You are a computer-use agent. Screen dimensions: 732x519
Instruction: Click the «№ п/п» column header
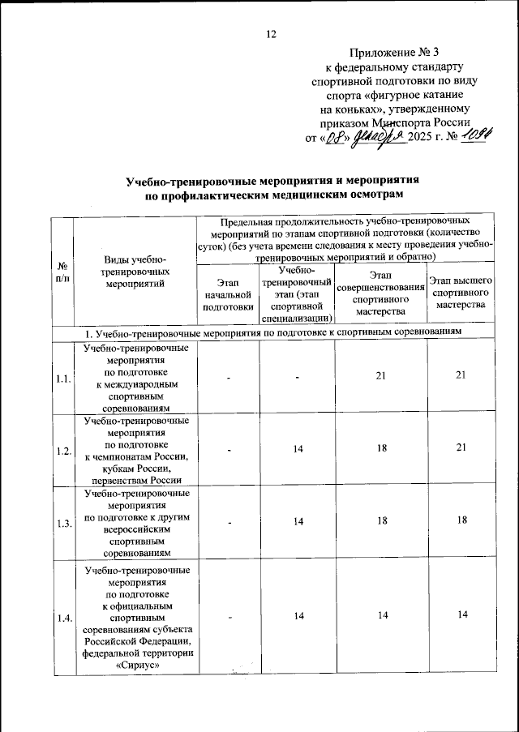(x=62, y=272)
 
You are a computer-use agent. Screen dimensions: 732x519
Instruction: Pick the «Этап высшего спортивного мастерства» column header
(x=459, y=298)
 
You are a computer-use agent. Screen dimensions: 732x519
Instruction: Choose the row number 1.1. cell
(x=62, y=379)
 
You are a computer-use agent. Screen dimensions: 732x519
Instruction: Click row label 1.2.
(x=62, y=451)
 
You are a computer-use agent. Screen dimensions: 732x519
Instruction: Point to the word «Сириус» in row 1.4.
(x=135, y=666)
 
